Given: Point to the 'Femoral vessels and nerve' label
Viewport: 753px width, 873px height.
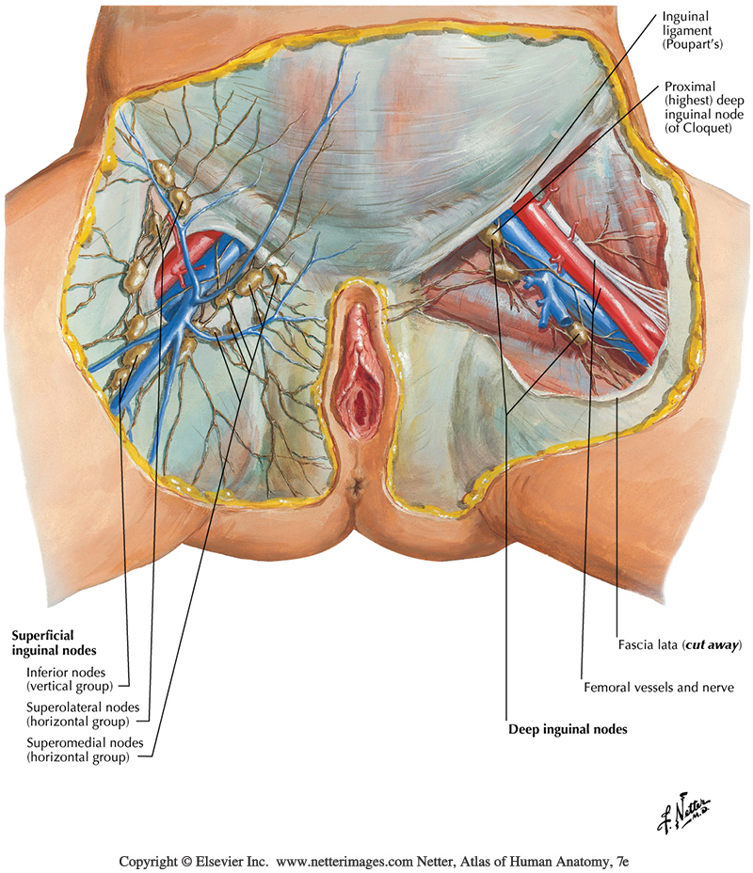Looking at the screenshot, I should (x=657, y=688).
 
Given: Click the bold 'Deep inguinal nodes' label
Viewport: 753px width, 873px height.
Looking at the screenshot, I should (x=568, y=729).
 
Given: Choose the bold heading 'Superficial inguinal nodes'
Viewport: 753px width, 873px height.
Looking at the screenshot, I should (x=55, y=643).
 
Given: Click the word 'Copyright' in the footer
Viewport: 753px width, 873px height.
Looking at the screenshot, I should (x=149, y=861).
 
